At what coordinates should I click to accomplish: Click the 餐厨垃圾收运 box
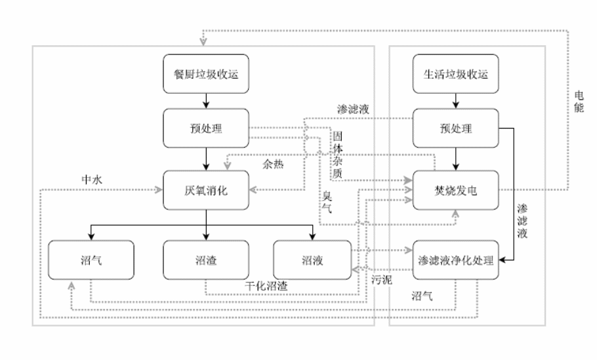point(207,74)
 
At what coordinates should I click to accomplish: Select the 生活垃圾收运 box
point(456,74)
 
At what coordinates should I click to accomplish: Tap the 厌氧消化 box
point(207,190)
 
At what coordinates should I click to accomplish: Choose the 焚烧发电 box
point(456,190)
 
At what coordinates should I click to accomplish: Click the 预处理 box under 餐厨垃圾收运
point(207,128)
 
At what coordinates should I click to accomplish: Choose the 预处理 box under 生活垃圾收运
point(456,128)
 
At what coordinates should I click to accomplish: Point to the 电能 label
point(578,102)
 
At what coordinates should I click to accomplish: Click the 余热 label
point(274,165)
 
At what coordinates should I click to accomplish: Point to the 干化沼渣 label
point(266,286)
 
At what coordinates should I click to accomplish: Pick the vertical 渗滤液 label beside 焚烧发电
point(522,220)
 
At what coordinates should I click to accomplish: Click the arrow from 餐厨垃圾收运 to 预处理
point(207,100)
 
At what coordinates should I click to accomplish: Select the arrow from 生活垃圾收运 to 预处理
point(456,100)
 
